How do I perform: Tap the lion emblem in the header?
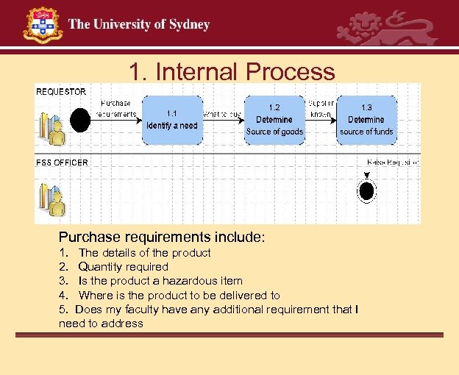pyautogui.click(x=386, y=27)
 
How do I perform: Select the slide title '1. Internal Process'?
pyautogui.click(x=232, y=71)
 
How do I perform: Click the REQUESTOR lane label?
pyautogui.click(x=61, y=92)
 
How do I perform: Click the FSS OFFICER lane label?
pyautogui.click(x=62, y=162)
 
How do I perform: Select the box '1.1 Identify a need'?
pyautogui.click(x=171, y=119)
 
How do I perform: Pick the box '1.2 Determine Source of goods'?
pyautogui.click(x=274, y=119)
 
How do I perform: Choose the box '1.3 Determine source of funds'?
pyautogui.click(x=366, y=119)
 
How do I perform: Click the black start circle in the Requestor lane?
pyautogui.click(x=79, y=118)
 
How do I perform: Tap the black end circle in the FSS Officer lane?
pyautogui.click(x=366, y=190)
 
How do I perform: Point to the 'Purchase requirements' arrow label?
pyautogui.click(x=116, y=109)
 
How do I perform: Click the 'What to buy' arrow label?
pyautogui.click(x=221, y=114)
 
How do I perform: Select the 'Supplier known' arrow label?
pyautogui.click(x=321, y=109)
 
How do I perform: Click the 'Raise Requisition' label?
pyautogui.click(x=393, y=162)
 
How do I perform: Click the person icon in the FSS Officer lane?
pyautogui.click(x=53, y=199)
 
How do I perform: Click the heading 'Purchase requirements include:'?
pyautogui.click(x=162, y=238)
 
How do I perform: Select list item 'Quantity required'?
pyautogui.click(x=123, y=267)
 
